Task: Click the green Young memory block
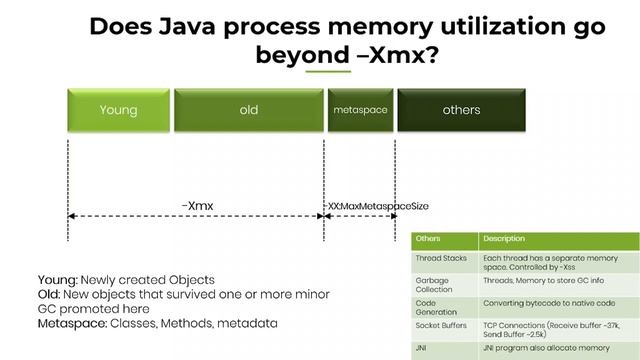point(118,110)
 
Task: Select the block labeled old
point(248,110)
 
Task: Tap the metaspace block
point(360,110)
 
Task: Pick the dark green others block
point(461,110)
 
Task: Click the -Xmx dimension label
point(197,206)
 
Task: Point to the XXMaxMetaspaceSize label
point(379,206)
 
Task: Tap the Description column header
point(505,239)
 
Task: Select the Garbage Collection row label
point(434,285)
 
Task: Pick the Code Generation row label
point(432,308)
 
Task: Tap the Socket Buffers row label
point(440,327)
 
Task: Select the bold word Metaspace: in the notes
point(72,324)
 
